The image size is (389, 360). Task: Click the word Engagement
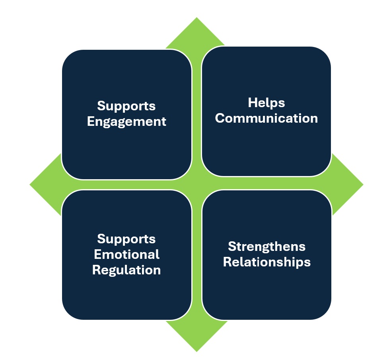pyautogui.click(x=126, y=121)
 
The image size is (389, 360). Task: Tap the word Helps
pyautogui.click(x=266, y=103)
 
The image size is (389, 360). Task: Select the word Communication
pyautogui.click(x=266, y=118)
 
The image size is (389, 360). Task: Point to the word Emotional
pyautogui.click(x=126, y=254)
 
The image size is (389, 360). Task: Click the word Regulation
pyautogui.click(x=126, y=270)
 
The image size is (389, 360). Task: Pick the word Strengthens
pyautogui.click(x=266, y=247)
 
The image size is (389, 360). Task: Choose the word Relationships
pyautogui.click(x=266, y=262)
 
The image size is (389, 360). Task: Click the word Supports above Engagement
pyautogui.click(x=126, y=106)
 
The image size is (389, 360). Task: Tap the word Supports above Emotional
pyautogui.click(x=126, y=239)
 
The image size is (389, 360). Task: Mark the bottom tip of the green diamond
pyautogui.click(x=196, y=350)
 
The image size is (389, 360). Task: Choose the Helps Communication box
pyautogui.click(x=266, y=147)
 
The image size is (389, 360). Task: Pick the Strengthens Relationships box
pyautogui.click(x=266, y=291)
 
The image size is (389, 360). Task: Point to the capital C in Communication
pyautogui.click(x=220, y=118)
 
